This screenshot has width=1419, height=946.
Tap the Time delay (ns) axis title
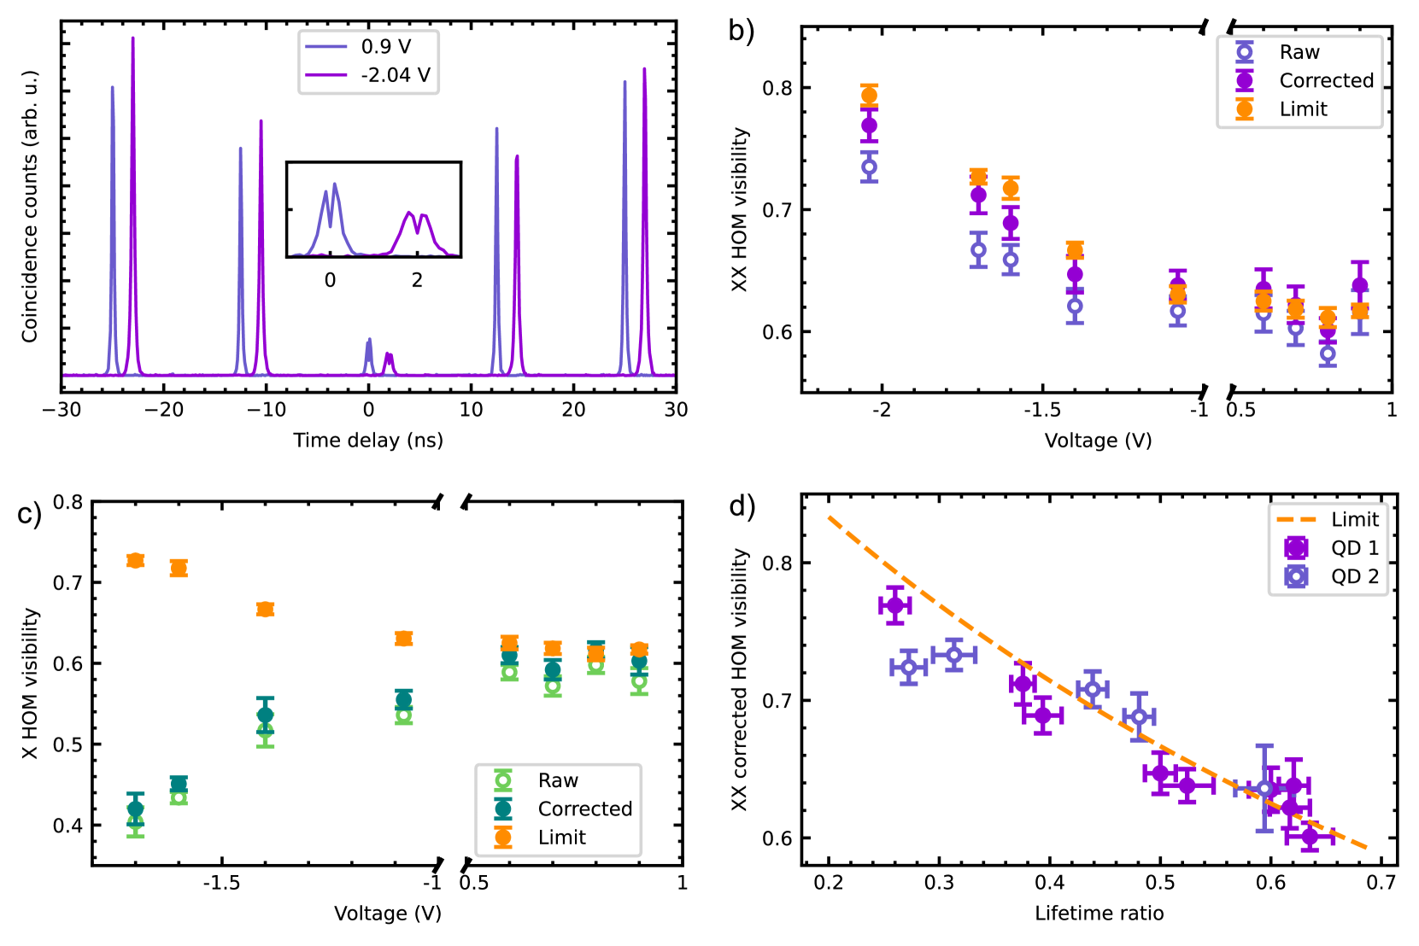click(x=368, y=441)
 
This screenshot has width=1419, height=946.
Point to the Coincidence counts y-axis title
click(x=31, y=207)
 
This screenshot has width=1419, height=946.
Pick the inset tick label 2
click(x=417, y=281)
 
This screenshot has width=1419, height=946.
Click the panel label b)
click(x=742, y=31)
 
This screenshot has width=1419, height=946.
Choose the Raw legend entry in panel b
click(x=1299, y=52)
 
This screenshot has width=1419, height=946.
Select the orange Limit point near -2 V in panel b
click(x=869, y=96)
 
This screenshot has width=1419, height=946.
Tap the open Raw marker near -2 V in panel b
click(x=869, y=167)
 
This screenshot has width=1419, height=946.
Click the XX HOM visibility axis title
click(x=740, y=209)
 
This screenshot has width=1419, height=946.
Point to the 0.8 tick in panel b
click(x=777, y=88)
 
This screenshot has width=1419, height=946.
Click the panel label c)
click(x=29, y=514)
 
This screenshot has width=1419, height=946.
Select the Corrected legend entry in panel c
click(x=584, y=809)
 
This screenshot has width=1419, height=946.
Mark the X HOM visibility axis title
click(x=31, y=683)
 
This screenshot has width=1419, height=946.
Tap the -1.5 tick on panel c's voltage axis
click(x=220, y=883)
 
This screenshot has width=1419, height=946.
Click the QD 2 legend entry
click(x=1354, y=576)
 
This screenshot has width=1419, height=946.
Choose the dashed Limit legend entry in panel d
click(x=1354, y=519)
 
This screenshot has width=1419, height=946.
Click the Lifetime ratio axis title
click(x=1099, y=914)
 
